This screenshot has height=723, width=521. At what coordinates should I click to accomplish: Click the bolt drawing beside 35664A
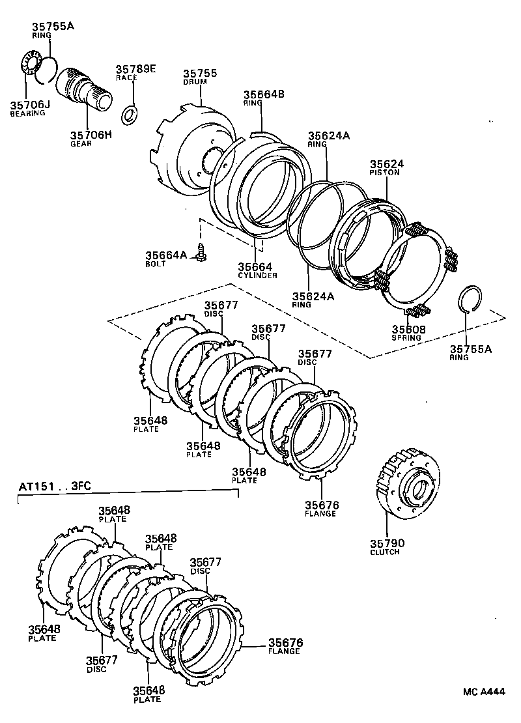click(202, 252)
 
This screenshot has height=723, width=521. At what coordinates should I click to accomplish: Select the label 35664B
click(264, 94)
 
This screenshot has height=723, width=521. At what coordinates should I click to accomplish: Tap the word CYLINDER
click(257, 276)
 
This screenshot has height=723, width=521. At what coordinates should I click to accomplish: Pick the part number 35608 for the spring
click(408, 330)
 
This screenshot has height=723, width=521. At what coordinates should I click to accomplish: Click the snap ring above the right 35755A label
click(470, 299)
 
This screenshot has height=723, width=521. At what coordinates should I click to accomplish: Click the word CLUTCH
click(384, 552)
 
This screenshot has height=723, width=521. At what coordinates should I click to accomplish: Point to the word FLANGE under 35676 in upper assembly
click(320, 513)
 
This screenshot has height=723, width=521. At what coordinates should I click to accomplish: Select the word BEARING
click(27, 113)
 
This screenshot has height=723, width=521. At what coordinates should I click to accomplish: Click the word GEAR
click(81, 143)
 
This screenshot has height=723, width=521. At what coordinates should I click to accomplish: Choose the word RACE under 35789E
click(126, 78)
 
